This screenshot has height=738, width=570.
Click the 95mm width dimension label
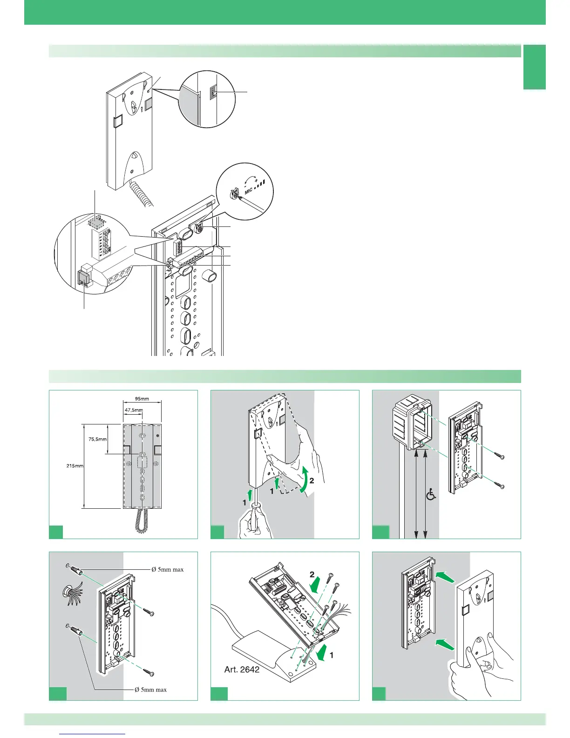coord(142,399)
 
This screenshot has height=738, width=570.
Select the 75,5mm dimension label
coord(97,439)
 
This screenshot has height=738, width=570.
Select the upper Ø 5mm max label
coord(168,569)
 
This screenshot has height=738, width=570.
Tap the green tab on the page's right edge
coord(534,67)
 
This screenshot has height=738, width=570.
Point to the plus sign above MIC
coord(256,180)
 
